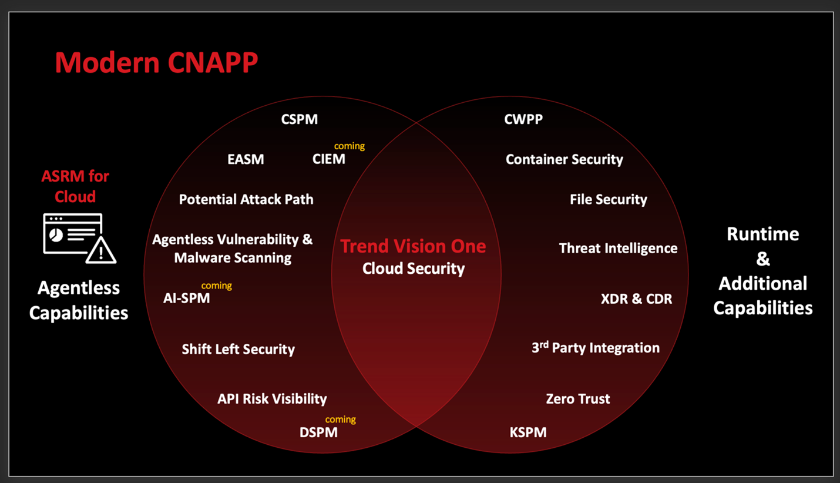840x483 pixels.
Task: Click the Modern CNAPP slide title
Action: (x=156, y=62)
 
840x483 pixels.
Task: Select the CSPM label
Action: (x=299, y=119)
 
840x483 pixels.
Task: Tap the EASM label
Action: (x=246, y=159)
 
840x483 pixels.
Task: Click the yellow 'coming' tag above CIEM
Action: (x=350, y=146)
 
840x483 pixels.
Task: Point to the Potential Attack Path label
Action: (x=246, y=199)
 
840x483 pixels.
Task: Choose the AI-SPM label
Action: (x=186, y=298)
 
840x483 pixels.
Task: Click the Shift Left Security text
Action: (x=238, y=349)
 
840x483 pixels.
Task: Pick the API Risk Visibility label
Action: (x=272, y=398)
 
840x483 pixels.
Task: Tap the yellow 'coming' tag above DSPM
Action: (x=341, y=419)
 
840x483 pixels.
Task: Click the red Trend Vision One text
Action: (x=413, y=246)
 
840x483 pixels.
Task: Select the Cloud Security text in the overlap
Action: (x=413, y=269)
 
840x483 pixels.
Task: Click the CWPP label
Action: (x=523, y=119)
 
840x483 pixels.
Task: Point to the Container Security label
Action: (x=564, y=159)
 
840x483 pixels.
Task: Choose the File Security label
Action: (x=608, y=199)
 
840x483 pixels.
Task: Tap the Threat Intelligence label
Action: (x=618, y=248)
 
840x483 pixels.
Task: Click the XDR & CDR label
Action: (x=636, y=298)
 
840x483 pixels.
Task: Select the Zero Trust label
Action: (x=577, y=398)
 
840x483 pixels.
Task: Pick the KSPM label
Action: (x=528, y=432)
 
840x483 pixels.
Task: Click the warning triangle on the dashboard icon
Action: (x=101, y=251)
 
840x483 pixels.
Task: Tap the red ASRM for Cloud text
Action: (x=75, y=186)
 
